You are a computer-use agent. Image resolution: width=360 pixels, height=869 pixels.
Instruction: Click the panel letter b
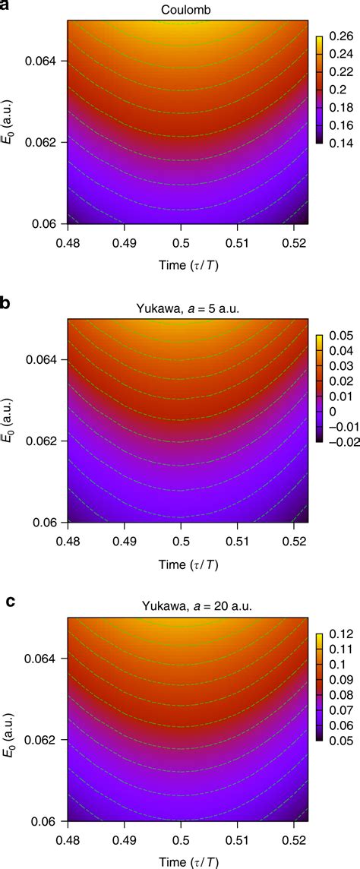pos(7,304)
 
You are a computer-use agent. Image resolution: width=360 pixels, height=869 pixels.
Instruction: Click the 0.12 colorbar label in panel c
pos(335,632)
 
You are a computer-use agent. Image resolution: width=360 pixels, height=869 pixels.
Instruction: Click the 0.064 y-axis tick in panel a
pos(47,61)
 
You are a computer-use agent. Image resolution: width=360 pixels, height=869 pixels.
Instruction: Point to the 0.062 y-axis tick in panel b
pos(47,441)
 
